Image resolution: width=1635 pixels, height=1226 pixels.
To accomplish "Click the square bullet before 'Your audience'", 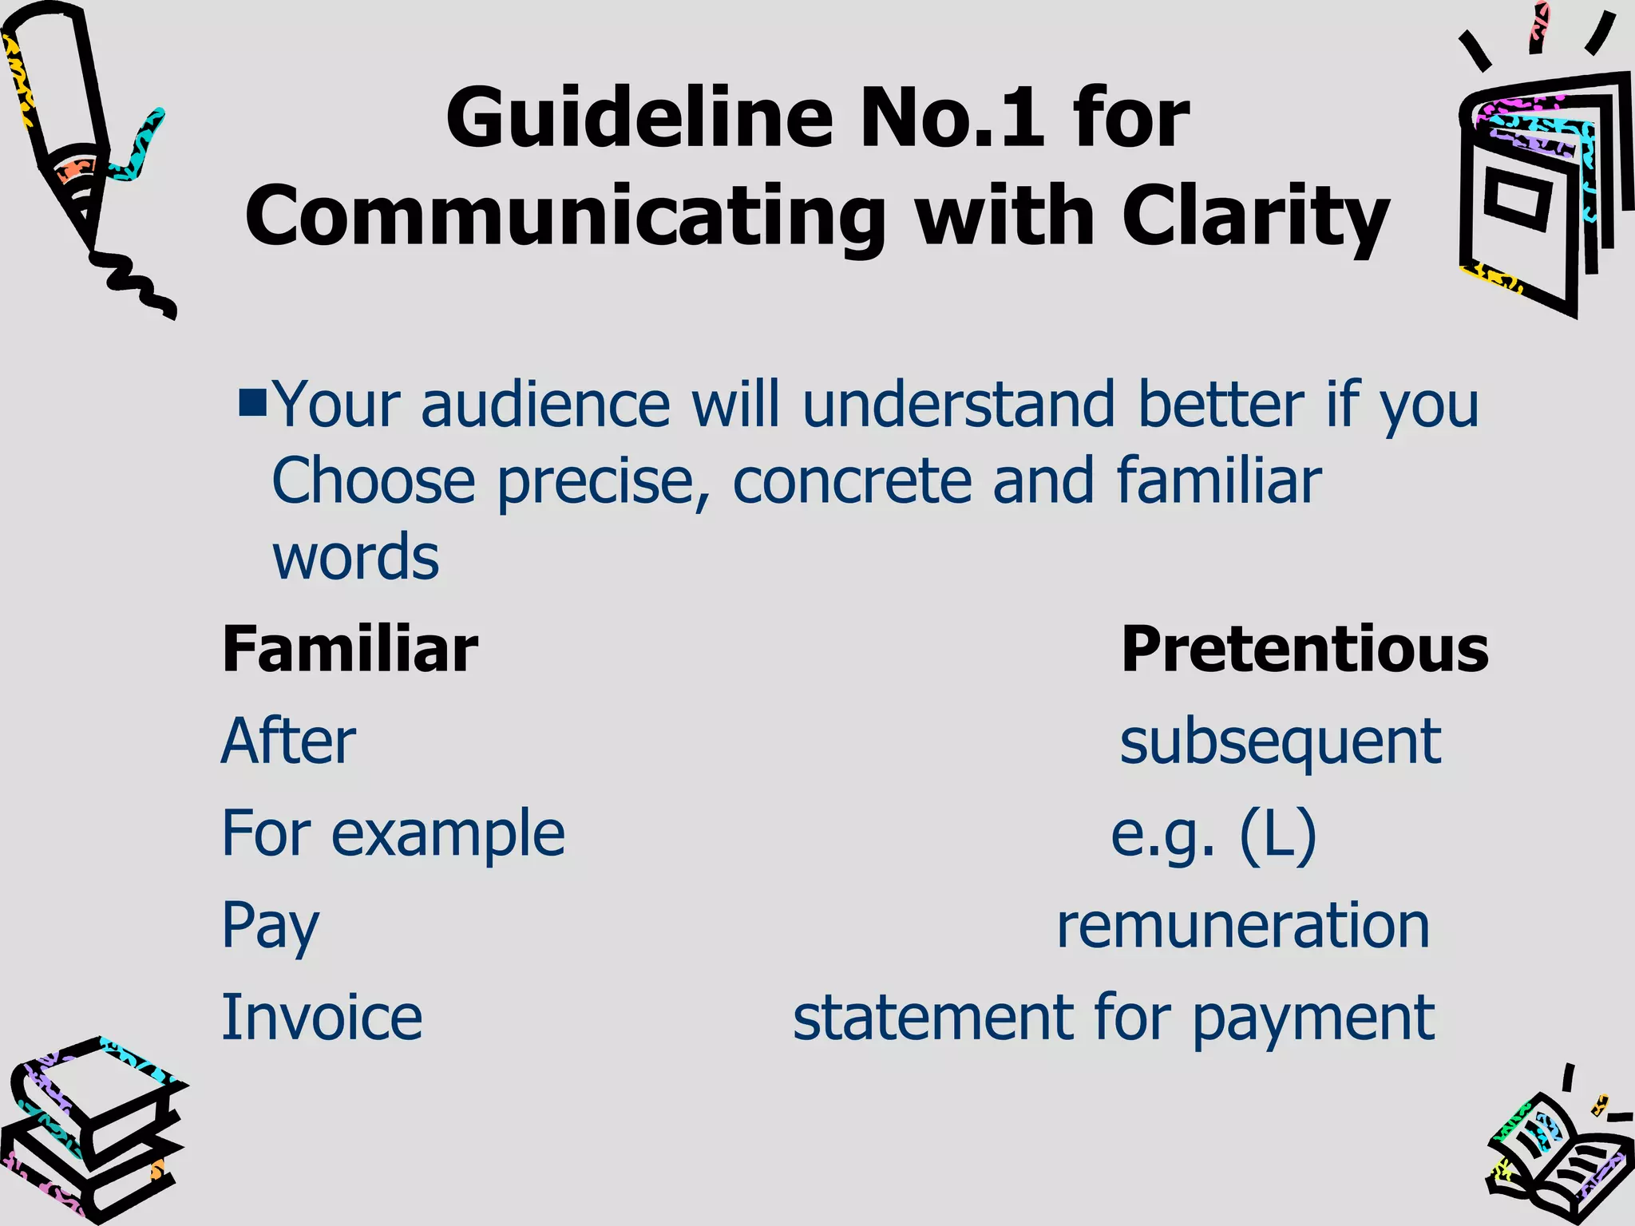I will click(x=252, y=402).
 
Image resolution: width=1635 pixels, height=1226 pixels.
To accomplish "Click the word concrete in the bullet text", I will click(x=851, y=481).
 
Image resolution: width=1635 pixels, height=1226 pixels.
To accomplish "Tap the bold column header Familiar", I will click(x=350, y=649).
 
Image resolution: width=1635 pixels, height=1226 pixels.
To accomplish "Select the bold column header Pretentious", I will click(x=1304, y=649).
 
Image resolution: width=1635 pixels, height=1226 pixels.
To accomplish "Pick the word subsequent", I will click(x=1280, y=742).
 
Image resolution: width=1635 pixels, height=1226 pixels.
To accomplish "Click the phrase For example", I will click(x=393, y=833).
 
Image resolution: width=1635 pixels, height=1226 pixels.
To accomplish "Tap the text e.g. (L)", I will click(x=1213, y=835).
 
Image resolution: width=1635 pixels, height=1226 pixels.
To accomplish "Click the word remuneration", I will click(x=1243, y=926).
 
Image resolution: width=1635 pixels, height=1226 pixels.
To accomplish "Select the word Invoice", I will click(x=322, y=1018).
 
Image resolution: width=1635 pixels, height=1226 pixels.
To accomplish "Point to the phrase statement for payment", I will click(x=1114, y=1018).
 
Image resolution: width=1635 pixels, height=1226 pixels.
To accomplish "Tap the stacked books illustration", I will click(x=92, y=1133).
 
